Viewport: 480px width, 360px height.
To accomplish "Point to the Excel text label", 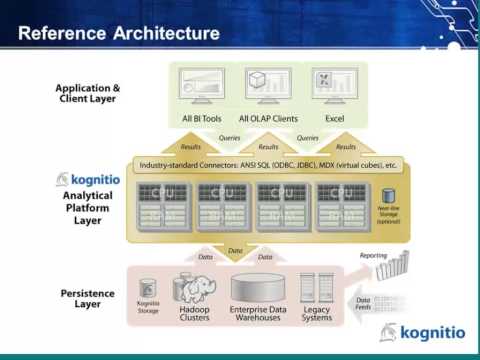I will (334, 119).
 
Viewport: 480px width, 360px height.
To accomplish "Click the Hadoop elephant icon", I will (195, 290).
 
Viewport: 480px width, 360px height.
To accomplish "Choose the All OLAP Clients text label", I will (268, 119).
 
